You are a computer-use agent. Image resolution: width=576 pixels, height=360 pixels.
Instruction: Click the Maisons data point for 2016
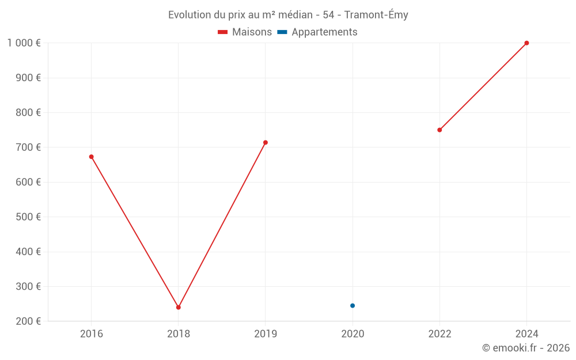click(91, 157)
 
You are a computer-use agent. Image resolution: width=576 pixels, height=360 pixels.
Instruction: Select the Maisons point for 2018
click(179, 307)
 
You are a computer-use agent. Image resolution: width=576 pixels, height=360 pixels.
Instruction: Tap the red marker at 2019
click(266, 142)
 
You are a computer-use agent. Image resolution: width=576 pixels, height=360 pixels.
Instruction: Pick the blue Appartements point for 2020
click(353, 305)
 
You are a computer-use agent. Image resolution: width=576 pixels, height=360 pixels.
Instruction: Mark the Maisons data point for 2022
click(439, 130)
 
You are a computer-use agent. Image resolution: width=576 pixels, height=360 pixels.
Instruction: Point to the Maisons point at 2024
click(526, 43)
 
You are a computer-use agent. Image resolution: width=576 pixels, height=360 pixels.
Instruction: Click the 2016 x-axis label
click(92, 334)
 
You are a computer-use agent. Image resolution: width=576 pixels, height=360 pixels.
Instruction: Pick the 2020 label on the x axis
click(353, 334)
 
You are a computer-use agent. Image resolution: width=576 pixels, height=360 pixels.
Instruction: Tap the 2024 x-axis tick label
click(526, 334)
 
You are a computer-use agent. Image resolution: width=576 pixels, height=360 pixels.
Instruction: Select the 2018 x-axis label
click(179, 334)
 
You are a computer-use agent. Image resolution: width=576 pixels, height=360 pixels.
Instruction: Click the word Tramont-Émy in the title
click(376, 15)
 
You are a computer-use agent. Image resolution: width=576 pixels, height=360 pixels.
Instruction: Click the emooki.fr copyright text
click(526, 348)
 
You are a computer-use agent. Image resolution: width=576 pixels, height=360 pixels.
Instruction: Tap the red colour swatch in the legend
click(223, 32)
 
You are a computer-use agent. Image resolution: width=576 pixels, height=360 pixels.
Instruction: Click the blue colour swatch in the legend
click(282, 32)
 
